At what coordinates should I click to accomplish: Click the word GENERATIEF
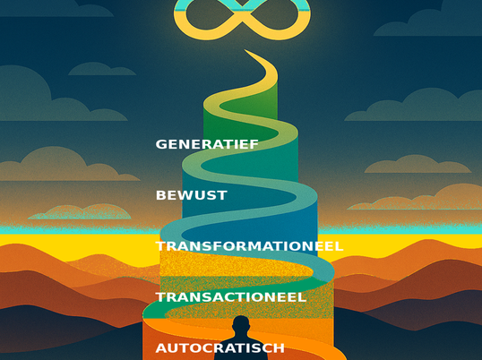(207, 144)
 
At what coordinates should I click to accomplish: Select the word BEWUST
(192, 195)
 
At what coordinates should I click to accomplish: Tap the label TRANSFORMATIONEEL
(249, 246)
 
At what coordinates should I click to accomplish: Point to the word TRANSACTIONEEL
(231, 297)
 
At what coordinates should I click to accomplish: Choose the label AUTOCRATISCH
(220, 348)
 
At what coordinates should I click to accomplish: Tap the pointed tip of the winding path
(245, 50)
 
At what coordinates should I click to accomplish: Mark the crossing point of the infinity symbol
(242, 13)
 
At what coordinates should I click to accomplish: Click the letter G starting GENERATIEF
(160, 144)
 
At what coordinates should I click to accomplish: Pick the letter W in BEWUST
(185, 195)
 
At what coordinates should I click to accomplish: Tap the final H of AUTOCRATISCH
(280, 348)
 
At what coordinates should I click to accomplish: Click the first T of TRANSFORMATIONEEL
(160, 246)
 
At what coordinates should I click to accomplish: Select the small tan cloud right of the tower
(417, 164)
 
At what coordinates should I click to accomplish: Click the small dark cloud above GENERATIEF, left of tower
(102, 69)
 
